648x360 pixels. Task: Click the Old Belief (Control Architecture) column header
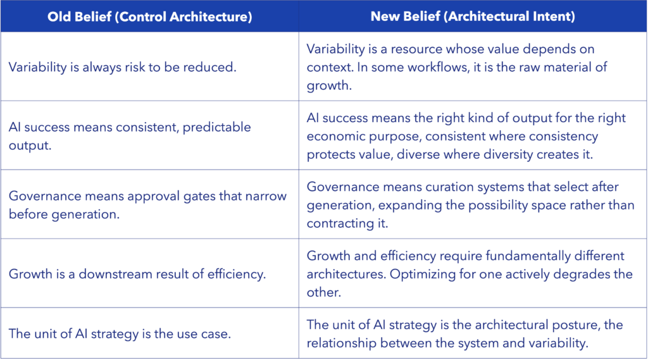tap(149, 16)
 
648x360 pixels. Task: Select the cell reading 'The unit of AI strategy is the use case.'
tap(120, 333)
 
